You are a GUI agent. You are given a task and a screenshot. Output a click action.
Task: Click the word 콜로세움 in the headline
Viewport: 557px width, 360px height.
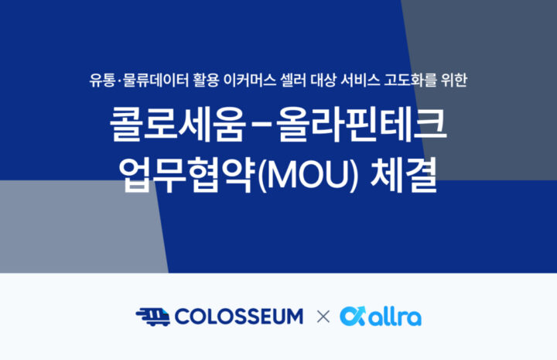click(178, 125)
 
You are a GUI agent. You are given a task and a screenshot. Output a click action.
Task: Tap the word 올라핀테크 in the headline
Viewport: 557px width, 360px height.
click(361, 125)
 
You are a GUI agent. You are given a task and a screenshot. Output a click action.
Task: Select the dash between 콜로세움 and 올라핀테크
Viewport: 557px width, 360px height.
click(261, 125)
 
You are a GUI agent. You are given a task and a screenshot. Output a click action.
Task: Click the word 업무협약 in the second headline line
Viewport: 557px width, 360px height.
click(187, 175)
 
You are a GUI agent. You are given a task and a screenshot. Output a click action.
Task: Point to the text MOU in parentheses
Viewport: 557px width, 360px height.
click(308, 176)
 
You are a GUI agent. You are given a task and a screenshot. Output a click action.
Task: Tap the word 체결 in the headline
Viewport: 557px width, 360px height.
click(404, 175)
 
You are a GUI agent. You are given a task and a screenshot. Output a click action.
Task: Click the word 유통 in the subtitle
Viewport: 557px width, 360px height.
click(102, 80)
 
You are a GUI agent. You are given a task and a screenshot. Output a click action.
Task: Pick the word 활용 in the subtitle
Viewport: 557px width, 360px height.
click(206, 80)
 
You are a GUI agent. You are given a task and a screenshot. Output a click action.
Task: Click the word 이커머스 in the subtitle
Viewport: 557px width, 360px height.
click(250, 80)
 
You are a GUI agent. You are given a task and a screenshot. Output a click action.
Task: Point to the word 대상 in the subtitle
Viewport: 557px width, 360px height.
click(323, 80)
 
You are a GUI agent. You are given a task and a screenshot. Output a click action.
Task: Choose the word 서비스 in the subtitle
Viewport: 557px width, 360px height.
click(360, 80)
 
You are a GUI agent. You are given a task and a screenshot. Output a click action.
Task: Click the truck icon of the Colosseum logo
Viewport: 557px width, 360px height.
click(153, 317)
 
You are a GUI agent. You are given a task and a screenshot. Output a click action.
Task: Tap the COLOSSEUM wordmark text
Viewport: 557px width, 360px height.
click(239, 317)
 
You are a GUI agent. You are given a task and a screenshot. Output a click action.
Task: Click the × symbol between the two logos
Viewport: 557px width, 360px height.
click(323, 317)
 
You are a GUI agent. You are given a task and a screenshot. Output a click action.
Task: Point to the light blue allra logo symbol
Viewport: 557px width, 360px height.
click(353, 316)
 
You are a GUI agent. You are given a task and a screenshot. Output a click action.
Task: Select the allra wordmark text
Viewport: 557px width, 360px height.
click(395, 317)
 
